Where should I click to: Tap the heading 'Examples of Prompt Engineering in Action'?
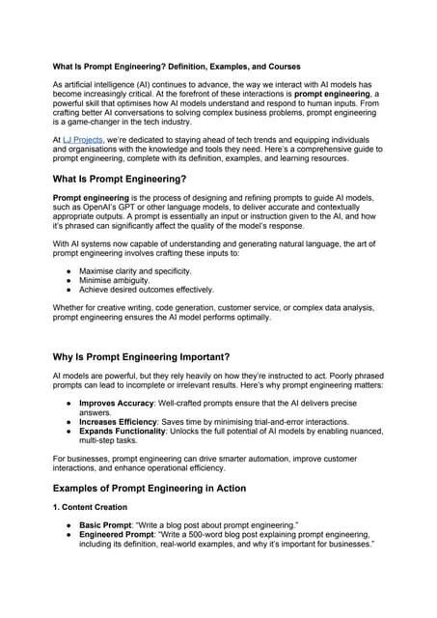click(149, 488)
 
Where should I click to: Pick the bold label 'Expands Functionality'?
click(130, 432)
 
